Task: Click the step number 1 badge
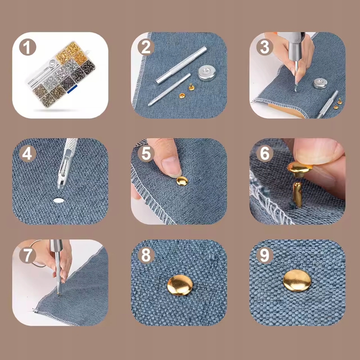(28, 48)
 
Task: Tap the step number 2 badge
(146, 47)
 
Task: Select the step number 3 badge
(264, 47)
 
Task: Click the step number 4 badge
(27, 154)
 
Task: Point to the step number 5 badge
(146, 154)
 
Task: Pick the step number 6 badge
(264, 154)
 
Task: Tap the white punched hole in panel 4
(58, 200)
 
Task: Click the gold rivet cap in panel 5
(182, 181)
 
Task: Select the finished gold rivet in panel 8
(180, 285)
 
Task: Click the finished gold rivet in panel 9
(297, 280)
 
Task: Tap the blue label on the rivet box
(72, 89)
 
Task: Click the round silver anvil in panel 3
(321, 83)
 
